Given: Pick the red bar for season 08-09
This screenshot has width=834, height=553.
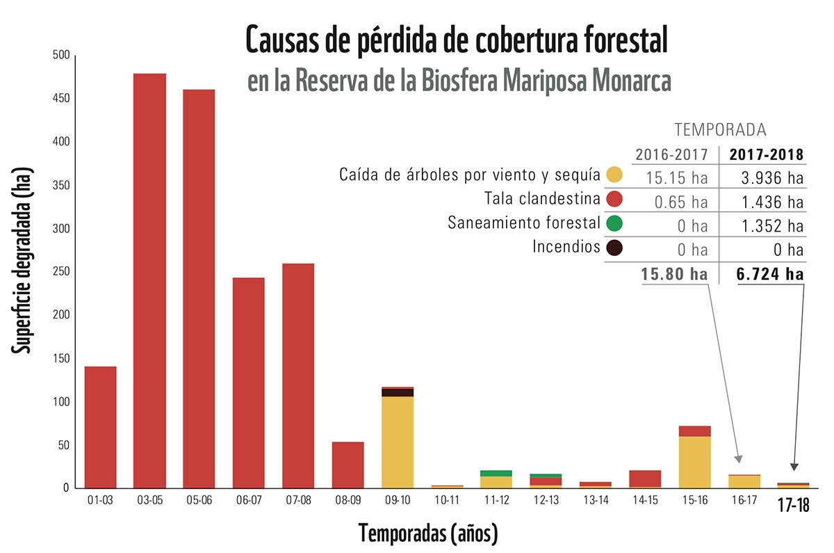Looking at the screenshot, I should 347,465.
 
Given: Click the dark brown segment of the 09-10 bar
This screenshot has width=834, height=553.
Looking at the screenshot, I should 398,392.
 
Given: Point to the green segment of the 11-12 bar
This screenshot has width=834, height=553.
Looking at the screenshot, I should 496,473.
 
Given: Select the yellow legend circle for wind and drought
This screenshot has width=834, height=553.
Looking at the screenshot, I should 614,175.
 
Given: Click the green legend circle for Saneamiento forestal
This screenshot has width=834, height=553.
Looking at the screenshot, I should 614,223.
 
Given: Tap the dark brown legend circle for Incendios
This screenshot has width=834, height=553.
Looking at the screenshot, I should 614,247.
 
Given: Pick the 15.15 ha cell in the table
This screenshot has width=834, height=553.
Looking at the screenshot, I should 679,178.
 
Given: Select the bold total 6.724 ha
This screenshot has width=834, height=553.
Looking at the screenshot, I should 770,274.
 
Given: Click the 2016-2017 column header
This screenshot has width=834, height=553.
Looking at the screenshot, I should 672,154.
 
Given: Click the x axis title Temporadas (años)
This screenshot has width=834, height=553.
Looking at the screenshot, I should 428,534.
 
